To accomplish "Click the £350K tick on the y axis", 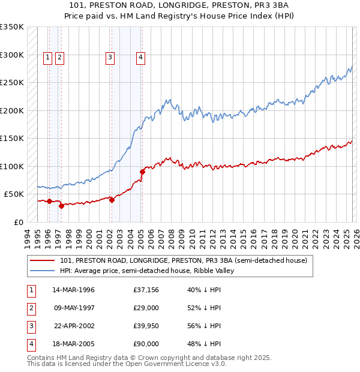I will point(12,27).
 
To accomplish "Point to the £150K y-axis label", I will point(12,139).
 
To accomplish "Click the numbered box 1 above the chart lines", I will point(48,58).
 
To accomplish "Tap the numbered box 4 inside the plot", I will point(140,58).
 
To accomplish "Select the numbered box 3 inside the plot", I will point(110,58).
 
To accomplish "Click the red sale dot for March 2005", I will point(142,172).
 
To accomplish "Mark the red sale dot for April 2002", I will point(112,200).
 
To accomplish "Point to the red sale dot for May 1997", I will point(61,206).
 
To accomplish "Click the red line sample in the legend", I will point(43,260).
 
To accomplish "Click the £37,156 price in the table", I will point(146,290).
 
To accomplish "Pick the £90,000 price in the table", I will point(146,344).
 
